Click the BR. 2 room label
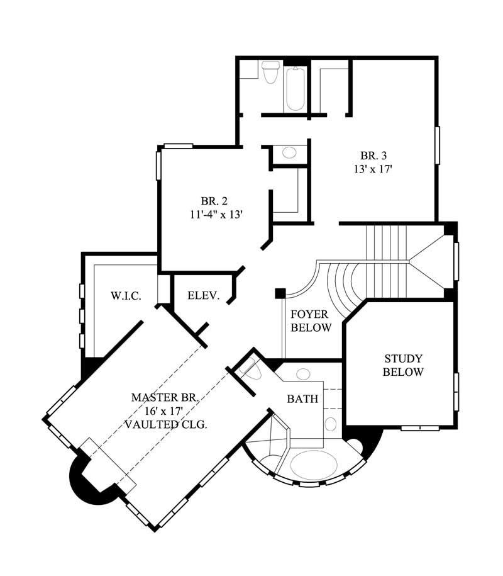[214, 201]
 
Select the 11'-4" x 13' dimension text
[214, 215]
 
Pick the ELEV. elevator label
[203, 295]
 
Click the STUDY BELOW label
[404, 365]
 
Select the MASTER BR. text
[165, 397]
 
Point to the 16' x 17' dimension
[165, 410]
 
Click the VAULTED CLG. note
[165, 424]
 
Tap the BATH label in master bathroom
[302, 399]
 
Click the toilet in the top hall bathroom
[271, 71]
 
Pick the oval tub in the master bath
[316, 463]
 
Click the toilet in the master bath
[250, 369]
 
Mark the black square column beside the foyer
[280, 293]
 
